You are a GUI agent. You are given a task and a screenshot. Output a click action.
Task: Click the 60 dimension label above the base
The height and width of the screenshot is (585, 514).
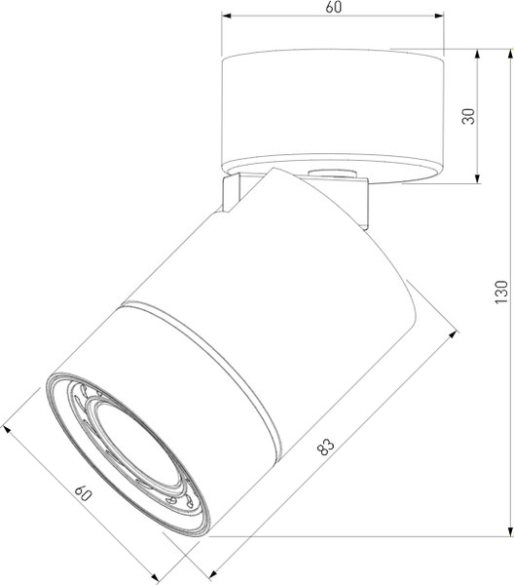[333, 7]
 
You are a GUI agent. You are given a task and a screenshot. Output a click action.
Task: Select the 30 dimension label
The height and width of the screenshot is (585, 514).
[468, 116]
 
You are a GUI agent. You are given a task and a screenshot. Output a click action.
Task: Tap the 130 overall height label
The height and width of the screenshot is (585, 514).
[501, 292]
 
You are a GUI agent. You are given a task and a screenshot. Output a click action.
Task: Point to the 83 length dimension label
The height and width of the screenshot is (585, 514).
[326, 447]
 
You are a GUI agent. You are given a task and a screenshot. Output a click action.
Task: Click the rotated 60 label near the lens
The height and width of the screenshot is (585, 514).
[84, 493]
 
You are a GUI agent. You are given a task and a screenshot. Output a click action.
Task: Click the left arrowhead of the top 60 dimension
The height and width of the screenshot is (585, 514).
[227, 16]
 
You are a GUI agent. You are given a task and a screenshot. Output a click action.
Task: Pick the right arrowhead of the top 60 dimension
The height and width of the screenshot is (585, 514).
[439, 16]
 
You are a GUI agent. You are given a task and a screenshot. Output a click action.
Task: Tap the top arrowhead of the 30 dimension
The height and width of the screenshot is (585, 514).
[477, 54]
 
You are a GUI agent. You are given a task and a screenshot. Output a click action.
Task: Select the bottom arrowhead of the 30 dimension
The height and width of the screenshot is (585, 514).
[477, 178]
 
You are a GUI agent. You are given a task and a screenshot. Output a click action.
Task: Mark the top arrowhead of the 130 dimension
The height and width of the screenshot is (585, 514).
[510, 54]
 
